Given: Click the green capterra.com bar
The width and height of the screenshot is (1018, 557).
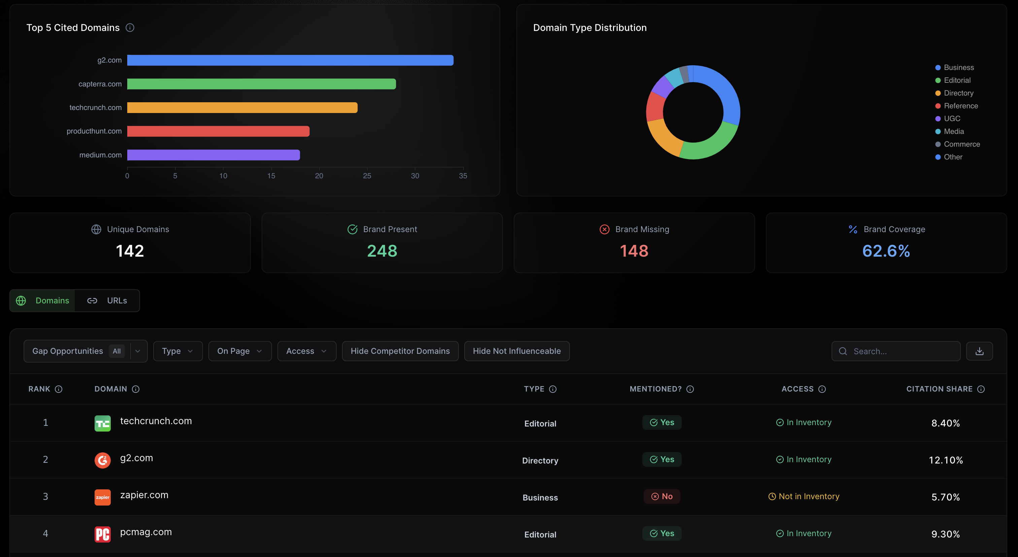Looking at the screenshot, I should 261,84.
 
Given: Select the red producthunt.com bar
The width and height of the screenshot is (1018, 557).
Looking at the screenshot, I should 218,132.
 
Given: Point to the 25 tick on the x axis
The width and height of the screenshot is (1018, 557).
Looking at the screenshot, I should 367,176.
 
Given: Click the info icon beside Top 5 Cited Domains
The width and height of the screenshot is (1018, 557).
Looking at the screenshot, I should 130,28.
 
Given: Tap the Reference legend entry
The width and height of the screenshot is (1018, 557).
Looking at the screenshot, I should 960,106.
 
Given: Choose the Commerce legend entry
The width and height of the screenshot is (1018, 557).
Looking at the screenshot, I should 961,144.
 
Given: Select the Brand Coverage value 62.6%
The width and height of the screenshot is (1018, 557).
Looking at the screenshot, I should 886,251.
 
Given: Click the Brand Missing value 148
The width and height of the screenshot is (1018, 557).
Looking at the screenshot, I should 634,251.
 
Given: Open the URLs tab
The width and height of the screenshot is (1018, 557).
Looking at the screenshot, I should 107,301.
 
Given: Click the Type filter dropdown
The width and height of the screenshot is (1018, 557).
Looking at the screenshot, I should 178,351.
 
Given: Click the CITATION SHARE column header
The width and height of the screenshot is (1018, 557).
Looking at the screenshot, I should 939,389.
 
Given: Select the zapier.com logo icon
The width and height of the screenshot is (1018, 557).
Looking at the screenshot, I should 103,497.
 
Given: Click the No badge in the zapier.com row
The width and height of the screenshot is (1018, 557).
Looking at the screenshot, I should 662,496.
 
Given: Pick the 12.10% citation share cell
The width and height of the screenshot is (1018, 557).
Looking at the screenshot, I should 945,460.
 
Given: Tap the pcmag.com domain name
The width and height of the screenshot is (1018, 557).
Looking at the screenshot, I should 146,532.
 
